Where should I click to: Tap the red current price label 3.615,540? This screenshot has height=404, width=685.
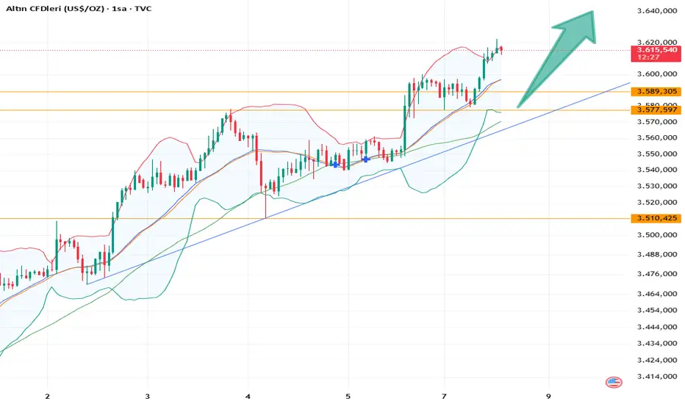653,50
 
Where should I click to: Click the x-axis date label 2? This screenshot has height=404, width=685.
47,395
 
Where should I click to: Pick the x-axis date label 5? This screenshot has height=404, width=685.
348,395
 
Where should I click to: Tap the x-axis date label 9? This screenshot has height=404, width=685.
549,395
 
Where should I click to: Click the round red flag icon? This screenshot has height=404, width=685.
613,382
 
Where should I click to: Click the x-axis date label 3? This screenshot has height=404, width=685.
148,395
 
